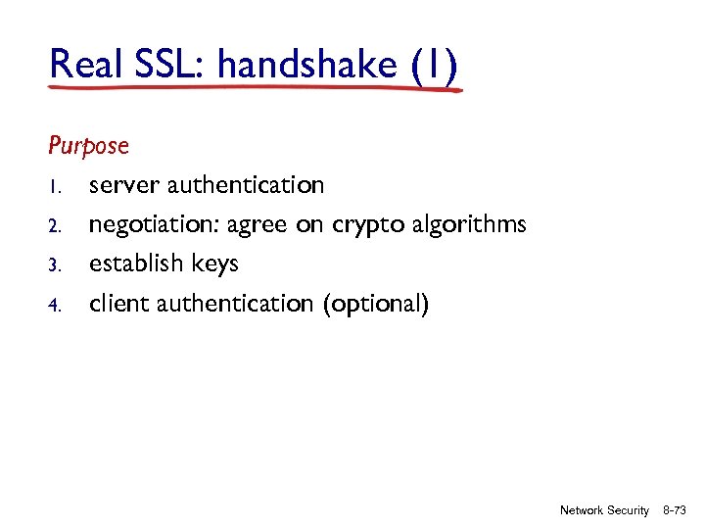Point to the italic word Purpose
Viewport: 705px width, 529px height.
tap(88, 146)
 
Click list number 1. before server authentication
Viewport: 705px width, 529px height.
tap(54, 186)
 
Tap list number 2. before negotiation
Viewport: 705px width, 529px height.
tap(55, 226)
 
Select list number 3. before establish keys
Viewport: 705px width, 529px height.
tap(55, 265)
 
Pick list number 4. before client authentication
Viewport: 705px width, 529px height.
tap(55, 306)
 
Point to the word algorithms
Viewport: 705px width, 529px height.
tap(468, 225)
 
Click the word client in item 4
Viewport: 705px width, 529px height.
tap(116, 304)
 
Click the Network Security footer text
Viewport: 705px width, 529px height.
tap(604, 510)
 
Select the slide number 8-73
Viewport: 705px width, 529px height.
tap(675, 510)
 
